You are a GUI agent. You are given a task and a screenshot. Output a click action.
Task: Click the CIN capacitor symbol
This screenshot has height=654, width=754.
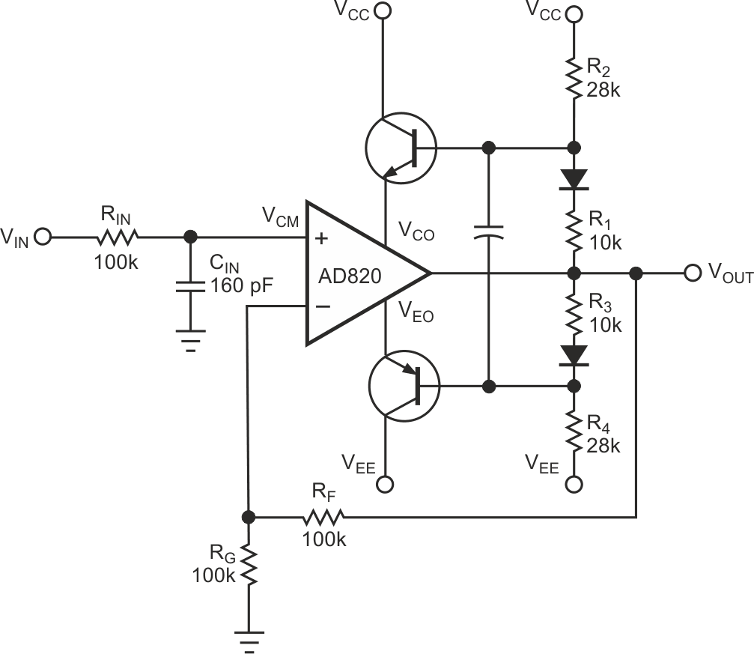[192, 285]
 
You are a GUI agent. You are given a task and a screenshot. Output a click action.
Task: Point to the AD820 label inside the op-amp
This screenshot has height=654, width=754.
[350, 276]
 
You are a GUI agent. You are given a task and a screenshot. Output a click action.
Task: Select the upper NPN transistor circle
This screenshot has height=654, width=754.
[401, 148]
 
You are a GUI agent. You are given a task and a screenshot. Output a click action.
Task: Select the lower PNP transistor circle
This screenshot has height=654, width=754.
[402, 386]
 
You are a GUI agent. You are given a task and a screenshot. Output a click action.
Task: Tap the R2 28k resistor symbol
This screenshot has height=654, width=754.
[574, 79]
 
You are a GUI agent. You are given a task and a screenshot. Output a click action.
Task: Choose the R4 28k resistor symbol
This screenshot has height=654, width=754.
[574, 435]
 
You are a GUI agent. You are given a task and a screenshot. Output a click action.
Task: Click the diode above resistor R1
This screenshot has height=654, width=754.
[574, 179]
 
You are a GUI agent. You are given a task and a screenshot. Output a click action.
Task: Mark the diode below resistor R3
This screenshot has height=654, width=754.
[574, 355]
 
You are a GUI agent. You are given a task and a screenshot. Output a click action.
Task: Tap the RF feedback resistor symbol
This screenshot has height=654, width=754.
[323, 517]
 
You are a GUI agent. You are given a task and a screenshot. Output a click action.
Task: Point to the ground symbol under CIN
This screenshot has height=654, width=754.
[192, 340]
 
